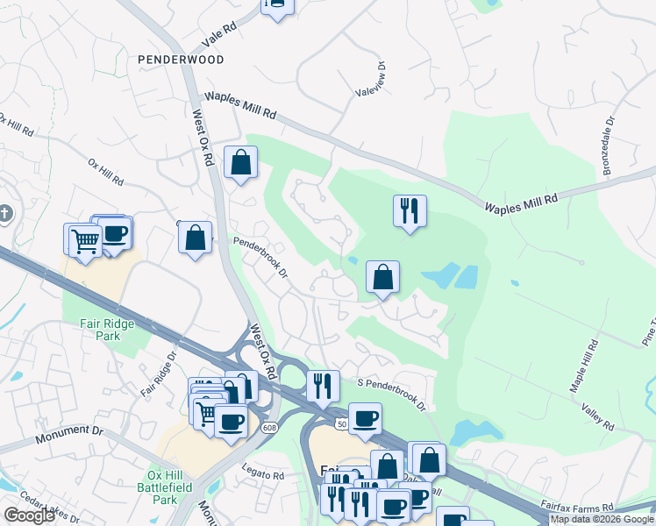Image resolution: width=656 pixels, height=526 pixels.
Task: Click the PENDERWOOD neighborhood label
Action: pos(181,60)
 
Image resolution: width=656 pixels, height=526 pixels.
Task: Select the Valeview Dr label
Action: pos(381,78)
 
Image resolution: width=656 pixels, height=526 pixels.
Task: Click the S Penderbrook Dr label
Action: pos(391,394)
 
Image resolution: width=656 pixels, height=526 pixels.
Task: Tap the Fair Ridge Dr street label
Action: pos(159,373)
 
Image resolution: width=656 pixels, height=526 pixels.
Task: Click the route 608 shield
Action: pos(267,426)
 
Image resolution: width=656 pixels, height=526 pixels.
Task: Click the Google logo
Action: pos(29,515)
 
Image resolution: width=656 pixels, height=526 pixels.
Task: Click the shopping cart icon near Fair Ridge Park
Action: pos(84,239)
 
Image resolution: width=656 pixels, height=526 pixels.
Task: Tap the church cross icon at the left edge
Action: pos(4,214)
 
